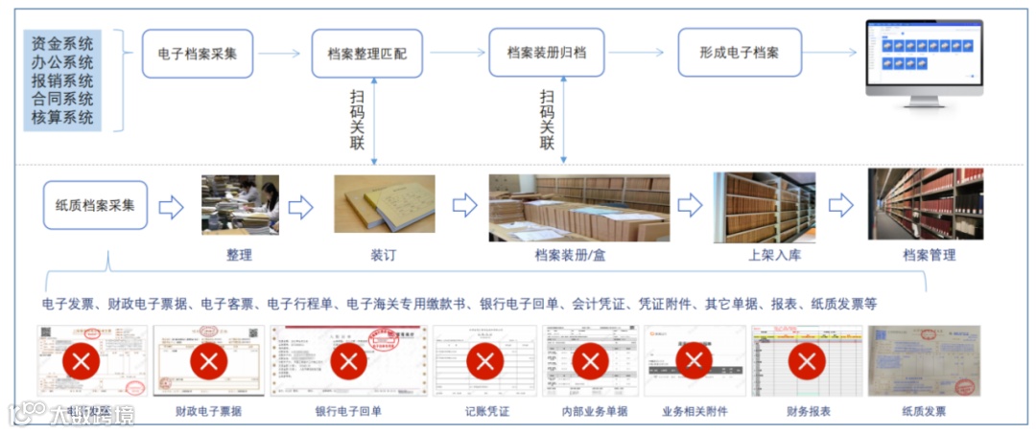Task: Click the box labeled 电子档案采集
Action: coord(198,54)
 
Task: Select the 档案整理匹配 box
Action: coord(367,54)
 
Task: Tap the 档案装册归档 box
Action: coord(546,54)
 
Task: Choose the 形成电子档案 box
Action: coord(740,54)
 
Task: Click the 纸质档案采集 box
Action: coord(95,205)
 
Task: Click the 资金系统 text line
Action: coord(62,43)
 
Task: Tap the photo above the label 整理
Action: coord(240,204)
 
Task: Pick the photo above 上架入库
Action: coord(764,207)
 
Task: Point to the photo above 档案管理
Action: coord(925,204)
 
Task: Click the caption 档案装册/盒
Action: coord(572,256)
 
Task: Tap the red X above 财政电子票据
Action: coord(208,361)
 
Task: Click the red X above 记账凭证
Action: coord(485,361)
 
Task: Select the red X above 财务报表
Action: coord(807,361)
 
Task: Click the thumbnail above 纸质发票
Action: coord(924,361)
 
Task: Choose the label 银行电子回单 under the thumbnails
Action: coord(348,412)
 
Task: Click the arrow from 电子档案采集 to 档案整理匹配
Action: coord(280,54)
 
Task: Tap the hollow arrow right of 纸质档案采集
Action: coord(171,206)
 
